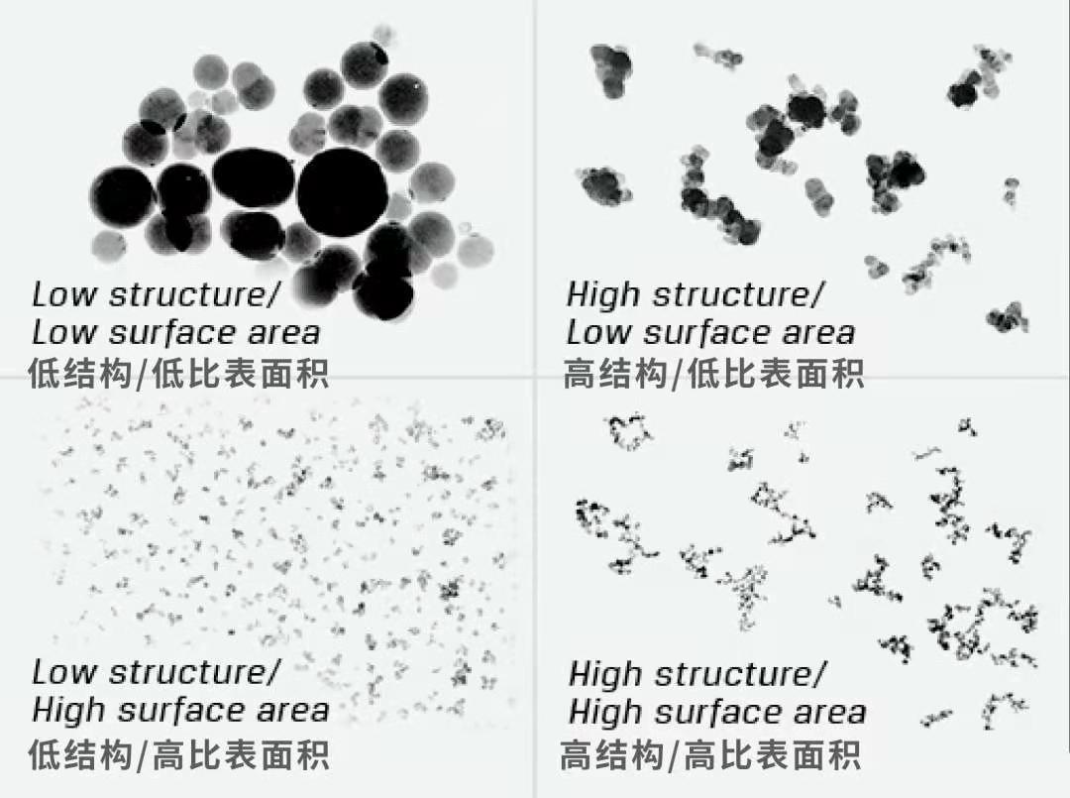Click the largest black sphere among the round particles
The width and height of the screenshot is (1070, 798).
pos(342,191)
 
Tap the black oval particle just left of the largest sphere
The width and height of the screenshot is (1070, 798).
pos(254,178)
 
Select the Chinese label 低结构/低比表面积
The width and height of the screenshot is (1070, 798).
pos(178,374)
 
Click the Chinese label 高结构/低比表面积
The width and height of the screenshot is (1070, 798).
pos(713,374)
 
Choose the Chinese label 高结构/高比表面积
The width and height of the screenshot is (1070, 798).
pos(710,756)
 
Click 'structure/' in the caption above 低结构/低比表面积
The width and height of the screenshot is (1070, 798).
pos(194,295)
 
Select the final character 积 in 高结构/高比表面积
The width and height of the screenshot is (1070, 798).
pos(843,756)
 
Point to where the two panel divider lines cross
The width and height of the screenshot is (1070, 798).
pos(535,379)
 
